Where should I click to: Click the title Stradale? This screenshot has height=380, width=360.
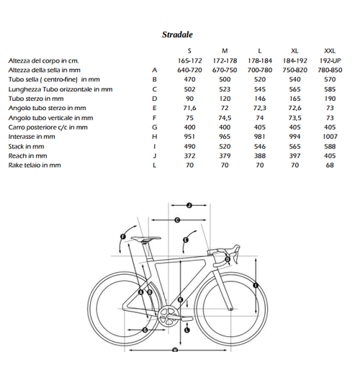(x=177, y=34)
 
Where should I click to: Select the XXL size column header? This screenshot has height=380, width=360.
(x=330, y=50)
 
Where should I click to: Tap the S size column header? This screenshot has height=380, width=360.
(x=189, y=50)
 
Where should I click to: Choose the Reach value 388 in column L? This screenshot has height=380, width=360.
(x=260, y=155)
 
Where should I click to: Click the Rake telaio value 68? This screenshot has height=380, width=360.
(x=330, y=166)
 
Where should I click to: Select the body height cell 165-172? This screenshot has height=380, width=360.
(x=189, y=60)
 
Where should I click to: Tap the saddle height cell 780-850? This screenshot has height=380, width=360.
(x=330, y=70)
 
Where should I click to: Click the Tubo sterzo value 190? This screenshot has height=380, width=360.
(x=330, y=99)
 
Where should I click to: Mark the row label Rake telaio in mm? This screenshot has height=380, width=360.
(x=35, y=166)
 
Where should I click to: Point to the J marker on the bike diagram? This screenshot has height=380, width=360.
(x=187, y=205)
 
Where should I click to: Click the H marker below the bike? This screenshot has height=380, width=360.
(x=175, y=350)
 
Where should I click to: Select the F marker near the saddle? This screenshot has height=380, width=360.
(x=123, y=236)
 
